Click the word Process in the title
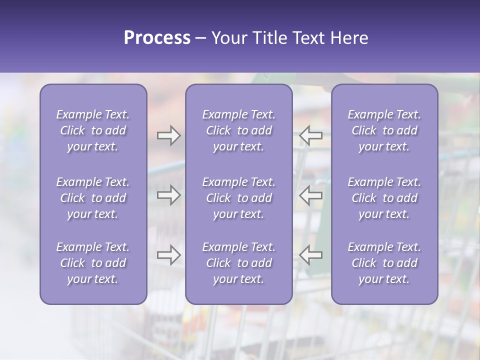157,38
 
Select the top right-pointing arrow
168,135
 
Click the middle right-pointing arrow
168,195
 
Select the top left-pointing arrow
311,135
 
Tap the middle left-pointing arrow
311,195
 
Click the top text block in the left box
93,130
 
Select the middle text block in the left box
93,198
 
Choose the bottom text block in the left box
93,263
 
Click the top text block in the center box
238,130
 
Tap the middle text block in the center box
238,198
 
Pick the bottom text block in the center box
238,263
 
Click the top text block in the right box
384,130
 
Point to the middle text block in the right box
384,198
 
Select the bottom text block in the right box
384,263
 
